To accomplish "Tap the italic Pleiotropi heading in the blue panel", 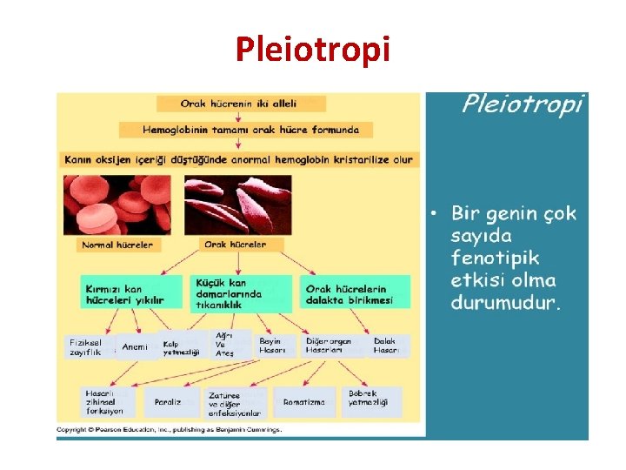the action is tap(522, 105).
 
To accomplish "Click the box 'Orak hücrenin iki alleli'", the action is tap(238, 103).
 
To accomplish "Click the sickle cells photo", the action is tap(237, 205).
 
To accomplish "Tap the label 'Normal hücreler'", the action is tap(117, 245).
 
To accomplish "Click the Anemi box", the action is tap(135, 346).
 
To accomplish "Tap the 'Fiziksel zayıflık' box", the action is tap(86, 346).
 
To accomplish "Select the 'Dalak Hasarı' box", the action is tap(388, 346).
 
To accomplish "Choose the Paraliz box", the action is tap(169, 402).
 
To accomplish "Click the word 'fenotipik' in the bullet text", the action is tap(495, 258).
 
